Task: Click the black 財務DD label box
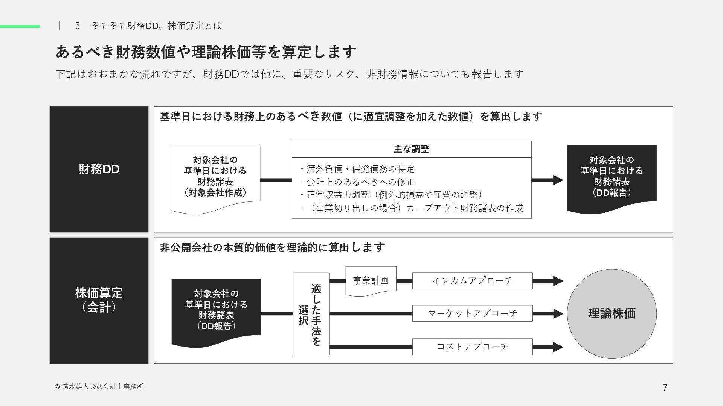point(99,169)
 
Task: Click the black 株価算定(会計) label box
point(99,300)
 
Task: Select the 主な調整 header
point(411,149)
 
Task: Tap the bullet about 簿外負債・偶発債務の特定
point(357,169)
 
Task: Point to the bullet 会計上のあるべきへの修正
point(357,182)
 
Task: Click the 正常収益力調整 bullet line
point(392,195)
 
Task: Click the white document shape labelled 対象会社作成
point(215,176)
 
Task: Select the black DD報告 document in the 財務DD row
point(612,176)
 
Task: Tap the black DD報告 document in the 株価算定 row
point(216,310)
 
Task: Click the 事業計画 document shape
point(371,280)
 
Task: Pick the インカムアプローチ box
point(472,280)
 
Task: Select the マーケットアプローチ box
point(472,313)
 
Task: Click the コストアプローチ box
point(472,346)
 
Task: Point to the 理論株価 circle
point(612,313)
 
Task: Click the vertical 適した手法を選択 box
point(311,314)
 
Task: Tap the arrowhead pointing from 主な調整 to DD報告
point(558,180)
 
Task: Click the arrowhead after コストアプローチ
point(558,347)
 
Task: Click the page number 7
point(665,388)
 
